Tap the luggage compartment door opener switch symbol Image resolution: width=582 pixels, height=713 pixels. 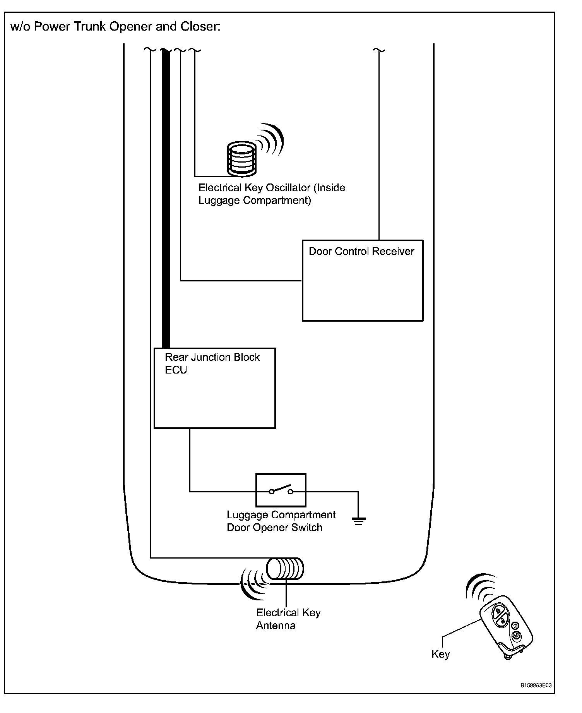pos(281,490)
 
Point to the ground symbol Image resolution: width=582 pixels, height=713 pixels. pos(359,521)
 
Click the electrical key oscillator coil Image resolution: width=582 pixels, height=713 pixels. pos(241,158)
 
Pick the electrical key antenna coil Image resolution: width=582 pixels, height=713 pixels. pos(285,569)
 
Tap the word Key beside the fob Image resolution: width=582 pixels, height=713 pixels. pos(440,654)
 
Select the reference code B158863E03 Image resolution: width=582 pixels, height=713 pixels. pos(536,686)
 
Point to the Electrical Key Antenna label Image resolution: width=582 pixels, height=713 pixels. pos(288,619)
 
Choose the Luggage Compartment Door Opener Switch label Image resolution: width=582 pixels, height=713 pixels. pos(281,521)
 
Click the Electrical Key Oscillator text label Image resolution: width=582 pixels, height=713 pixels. pos(271,194)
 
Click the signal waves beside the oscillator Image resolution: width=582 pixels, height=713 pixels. pos(270,139)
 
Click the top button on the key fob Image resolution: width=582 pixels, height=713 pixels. pos(498,611)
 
